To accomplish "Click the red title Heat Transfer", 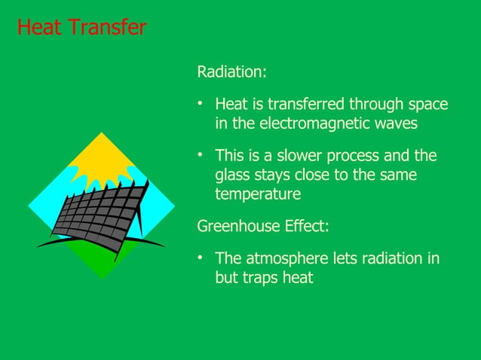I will [81, 28].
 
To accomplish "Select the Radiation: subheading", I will [231, 73].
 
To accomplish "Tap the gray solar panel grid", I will [98, 215].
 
